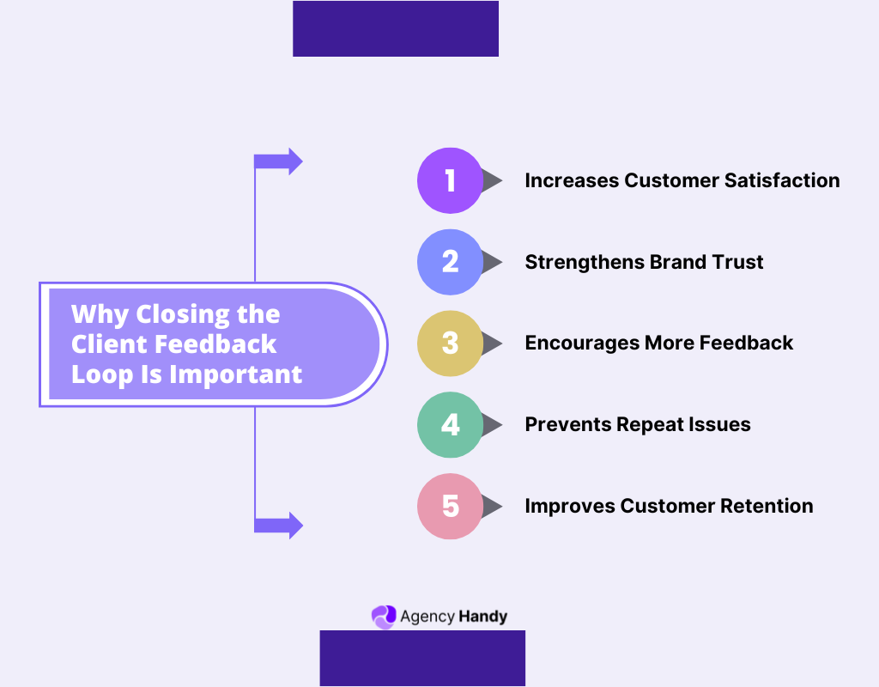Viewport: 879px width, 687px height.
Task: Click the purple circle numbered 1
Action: click(450, 180)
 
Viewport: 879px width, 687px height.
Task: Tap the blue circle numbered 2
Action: click(450, 262)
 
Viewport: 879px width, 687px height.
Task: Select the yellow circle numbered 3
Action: click(450, 343)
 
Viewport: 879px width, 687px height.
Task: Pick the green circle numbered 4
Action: click(450, 424)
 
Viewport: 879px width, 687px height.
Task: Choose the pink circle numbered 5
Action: click(450, 506)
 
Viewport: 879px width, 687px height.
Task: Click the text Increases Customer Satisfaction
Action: click(682, 180)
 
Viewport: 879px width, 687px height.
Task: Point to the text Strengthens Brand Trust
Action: click(644, 262)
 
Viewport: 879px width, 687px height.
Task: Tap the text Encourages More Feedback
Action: click(658, 343)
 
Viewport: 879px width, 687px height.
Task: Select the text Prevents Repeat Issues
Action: click(637, 424)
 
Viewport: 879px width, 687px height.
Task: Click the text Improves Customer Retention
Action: click(669, 506)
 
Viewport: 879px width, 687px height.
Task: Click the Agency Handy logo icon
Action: click(383, 616)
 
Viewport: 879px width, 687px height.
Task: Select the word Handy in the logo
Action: click(483, 617)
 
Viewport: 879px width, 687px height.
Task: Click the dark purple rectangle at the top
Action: click(396, 28)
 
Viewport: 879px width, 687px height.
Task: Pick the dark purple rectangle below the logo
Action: click(422, 658)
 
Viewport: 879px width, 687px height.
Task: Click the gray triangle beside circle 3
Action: click(492, 343)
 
